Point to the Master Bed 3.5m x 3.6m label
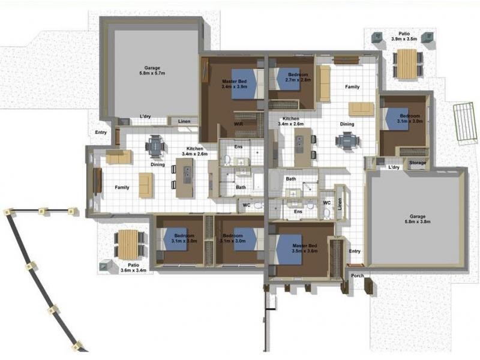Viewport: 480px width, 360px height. click(304, 249)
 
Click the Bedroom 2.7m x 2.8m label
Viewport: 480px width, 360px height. click(298, 77)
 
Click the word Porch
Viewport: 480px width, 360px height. click(358, 275)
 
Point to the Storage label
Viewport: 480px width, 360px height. click(418, 163)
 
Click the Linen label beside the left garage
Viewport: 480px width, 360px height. click(184, 122)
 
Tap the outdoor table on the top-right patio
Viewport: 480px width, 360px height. click(407, 62)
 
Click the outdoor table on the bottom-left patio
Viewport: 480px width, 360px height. click(128, 243)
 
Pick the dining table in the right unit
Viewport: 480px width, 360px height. click(347, 140)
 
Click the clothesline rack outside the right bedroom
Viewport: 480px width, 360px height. click(464, 122)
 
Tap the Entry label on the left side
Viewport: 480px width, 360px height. click(101, 133)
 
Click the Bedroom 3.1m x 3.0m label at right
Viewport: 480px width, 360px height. click(410, 118)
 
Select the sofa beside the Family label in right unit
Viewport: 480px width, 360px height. click(324, 83)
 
